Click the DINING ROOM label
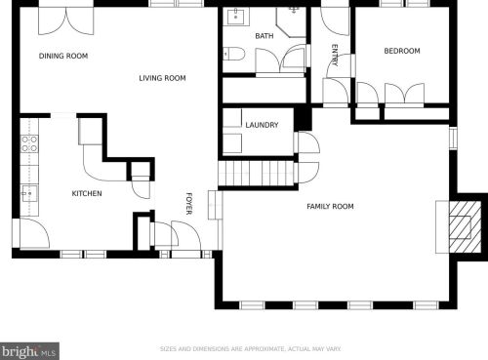point(63,56)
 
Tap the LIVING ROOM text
point(162,78)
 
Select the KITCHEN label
point(87,193)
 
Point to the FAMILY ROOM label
point(330,206)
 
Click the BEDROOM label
point(402,51)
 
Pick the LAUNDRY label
point(262,125)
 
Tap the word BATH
point(264,36)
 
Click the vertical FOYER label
point(189,204)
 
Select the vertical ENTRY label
point(335,56)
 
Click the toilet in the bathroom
point(234,54)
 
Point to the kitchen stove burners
point(29,144)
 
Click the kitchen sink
point(29,194)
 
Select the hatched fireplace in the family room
point(465,227)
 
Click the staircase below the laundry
point(257,174)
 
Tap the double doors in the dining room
point(66,20)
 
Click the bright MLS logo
point(29,351)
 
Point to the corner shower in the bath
point(292,22)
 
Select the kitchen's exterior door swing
point(34,233)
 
